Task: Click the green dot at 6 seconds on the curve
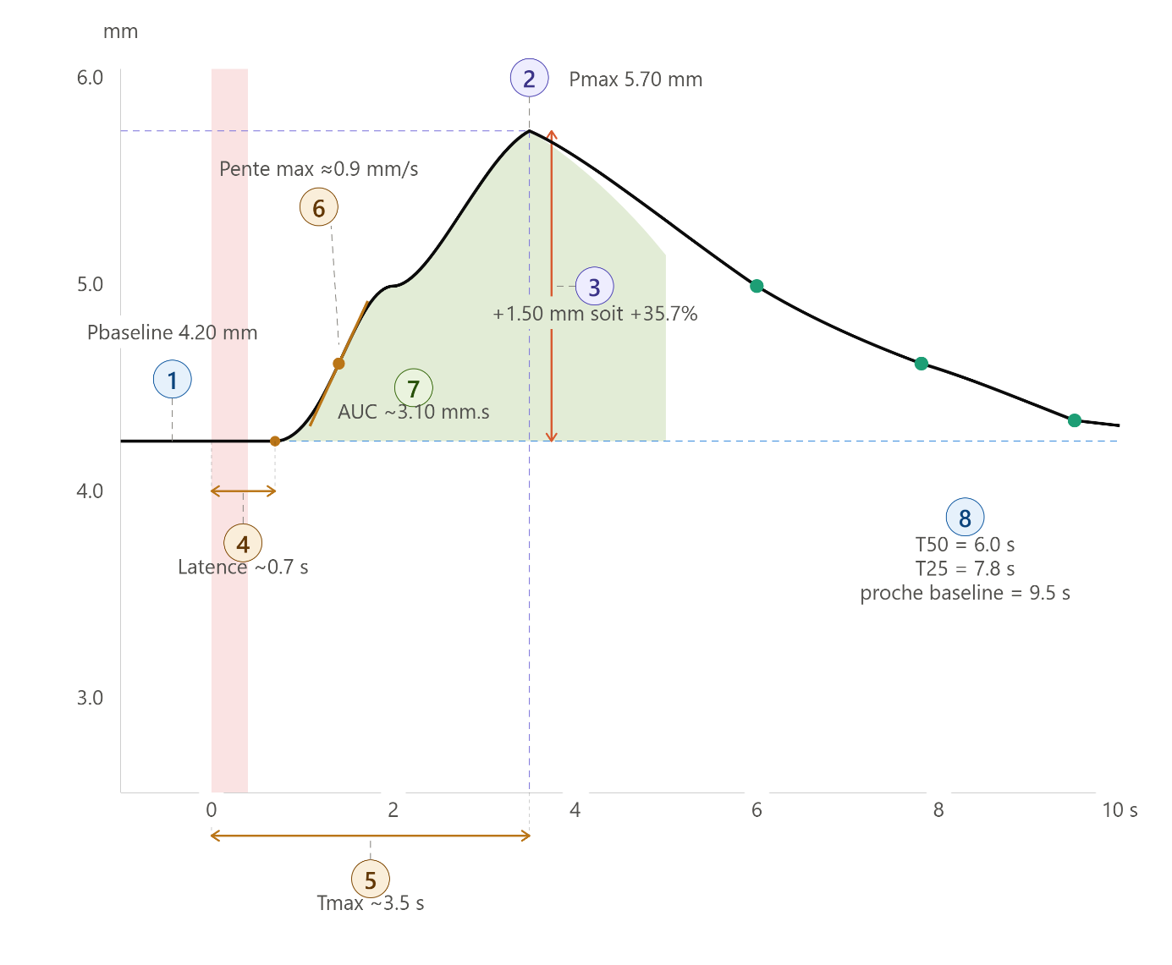(x=757, y=286)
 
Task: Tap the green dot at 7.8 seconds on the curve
(x=921, y=364)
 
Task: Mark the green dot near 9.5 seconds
(x=1075, y=420)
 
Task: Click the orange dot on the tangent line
(x=338, y=364)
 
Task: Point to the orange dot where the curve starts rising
(x=275, y=441)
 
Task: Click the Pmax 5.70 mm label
(x=636, y=80)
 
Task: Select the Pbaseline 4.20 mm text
(x=173, y=332)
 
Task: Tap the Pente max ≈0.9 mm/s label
(x=318, y=169)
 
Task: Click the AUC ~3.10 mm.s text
(x=414, y=412)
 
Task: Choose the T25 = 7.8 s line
(x=965, y=569)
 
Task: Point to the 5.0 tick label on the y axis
(x=90, y=284)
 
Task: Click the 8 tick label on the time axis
(x=938, y=810)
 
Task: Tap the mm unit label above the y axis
(x=121, y=32)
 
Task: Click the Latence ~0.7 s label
(x=243, y=567)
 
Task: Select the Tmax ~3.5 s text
(x=371, y=903)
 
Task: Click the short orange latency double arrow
(x=243, y=491)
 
